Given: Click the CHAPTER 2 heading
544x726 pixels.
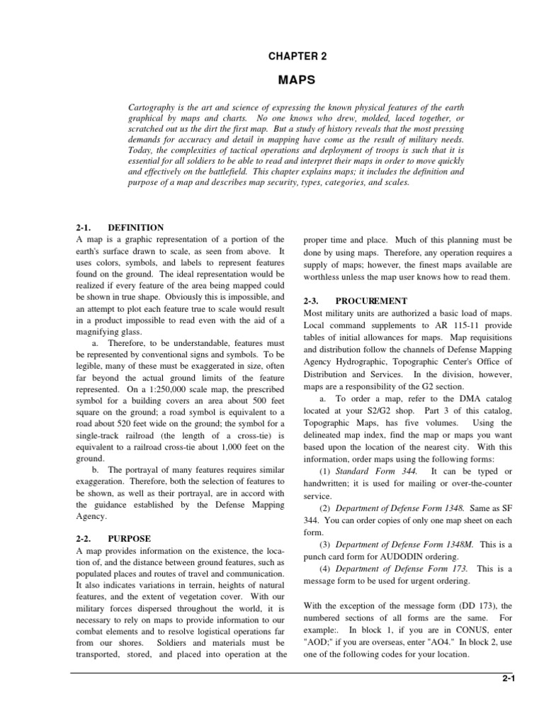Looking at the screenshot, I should pos(297,55).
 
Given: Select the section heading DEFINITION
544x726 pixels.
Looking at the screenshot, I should pos(136,228).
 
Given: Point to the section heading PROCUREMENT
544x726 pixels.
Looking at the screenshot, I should pos(372,301).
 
